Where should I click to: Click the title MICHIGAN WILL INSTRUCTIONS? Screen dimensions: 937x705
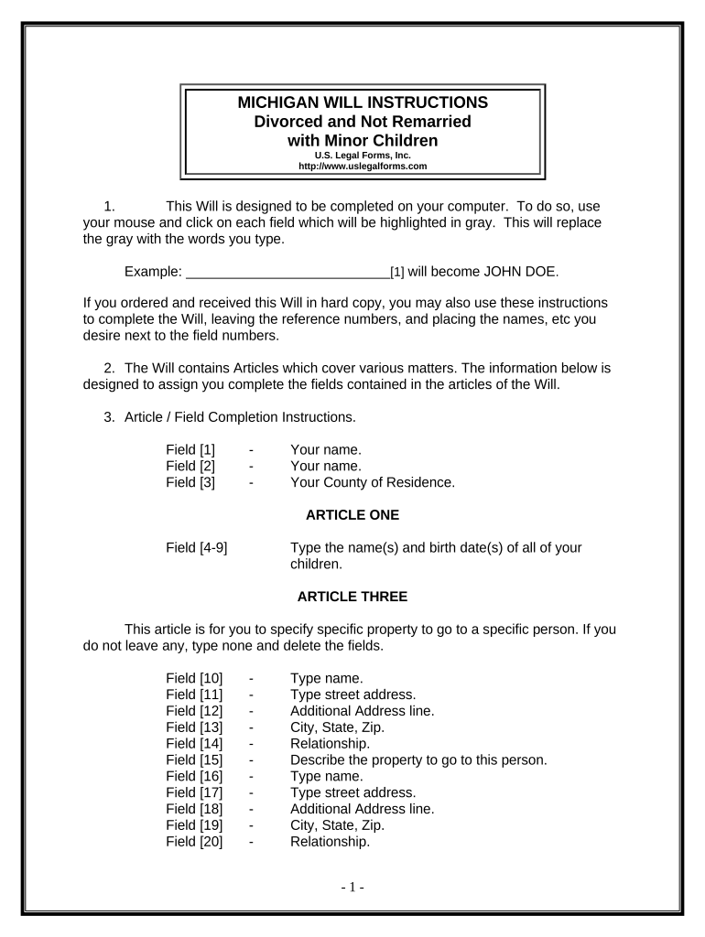[363, 102]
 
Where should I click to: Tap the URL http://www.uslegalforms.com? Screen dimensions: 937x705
[363, 166]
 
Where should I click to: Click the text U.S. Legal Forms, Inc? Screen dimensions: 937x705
[363, 156]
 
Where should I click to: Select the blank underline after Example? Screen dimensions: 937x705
[287, 272]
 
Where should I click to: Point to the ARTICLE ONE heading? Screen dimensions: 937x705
[352, 514]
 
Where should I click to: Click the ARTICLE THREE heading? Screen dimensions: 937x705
[352, 597]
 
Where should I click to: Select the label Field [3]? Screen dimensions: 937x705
[190, 482]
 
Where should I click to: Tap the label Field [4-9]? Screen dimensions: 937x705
[197, 547]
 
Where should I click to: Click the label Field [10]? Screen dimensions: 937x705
[194, 678]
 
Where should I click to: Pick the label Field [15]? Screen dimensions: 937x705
[194, 759]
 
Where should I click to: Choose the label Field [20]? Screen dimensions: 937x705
[194, 841]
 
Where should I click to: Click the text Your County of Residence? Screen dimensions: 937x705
[372, 482]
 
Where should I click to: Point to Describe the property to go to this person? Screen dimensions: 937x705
[418, 759]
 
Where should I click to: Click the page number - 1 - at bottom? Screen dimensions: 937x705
[352, 888]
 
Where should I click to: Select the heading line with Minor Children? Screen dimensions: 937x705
[363, 140]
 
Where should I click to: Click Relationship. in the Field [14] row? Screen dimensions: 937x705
[331, 743]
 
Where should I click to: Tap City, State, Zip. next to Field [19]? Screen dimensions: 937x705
[337, 824]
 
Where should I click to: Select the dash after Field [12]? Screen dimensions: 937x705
[251, 711]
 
